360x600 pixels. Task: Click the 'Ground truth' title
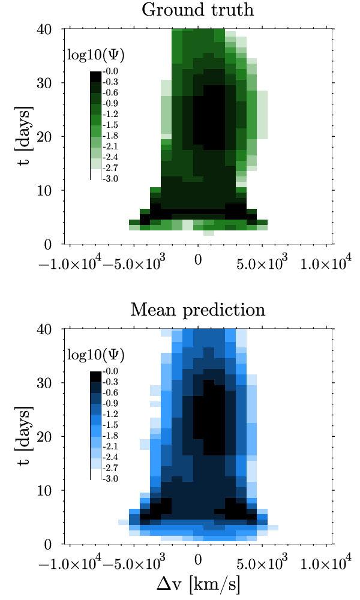pos(198,10)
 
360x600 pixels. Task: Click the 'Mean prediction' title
pos(198,310)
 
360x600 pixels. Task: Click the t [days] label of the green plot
pos(25,136)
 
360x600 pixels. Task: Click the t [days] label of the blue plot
pos(25,436)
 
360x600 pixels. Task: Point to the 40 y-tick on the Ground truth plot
pos(49,29)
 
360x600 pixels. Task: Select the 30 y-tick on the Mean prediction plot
pos(49,383)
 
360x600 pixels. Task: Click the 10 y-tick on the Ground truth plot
pos(49,190)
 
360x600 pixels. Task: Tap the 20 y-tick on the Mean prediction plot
pos(49,437)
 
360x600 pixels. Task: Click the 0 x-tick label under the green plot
pos(198,262)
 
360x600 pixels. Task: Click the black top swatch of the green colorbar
pos(95,76)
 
